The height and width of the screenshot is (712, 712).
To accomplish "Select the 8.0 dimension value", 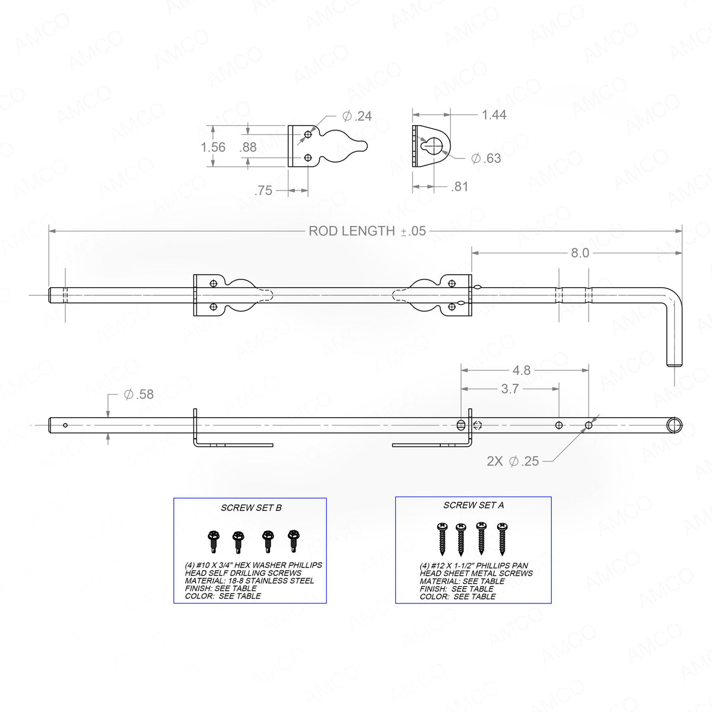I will [579, 253].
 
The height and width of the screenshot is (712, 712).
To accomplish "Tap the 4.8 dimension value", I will [521, 370].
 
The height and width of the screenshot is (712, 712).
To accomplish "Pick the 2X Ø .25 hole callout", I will [513, 461].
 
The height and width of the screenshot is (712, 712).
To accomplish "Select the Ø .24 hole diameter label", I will [357, 116].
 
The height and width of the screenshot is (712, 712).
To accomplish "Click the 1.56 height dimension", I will [214, 147].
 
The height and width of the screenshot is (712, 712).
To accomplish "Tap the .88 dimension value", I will [248, 147].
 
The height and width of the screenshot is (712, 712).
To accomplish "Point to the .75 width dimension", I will [263, 191].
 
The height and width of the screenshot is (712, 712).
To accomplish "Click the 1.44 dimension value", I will [494, 115].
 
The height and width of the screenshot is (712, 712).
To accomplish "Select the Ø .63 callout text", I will [486, 158].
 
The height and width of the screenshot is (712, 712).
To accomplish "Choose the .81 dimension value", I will [459, 187].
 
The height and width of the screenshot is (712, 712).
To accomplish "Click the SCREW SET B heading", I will [251, 508].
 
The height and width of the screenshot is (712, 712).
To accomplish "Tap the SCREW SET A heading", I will [473, 506].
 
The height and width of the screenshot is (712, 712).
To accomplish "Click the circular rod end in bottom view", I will [674, 424].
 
